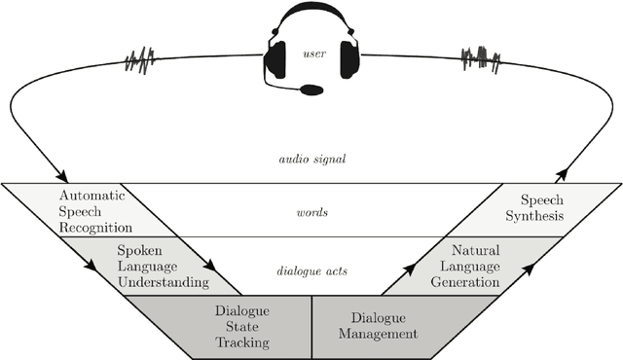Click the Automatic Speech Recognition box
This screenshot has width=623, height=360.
pyautogui.click(x=78, y=209)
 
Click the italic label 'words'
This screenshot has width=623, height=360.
pyautogui.click(x=311, y=209)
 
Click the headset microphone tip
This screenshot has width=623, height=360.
pyautogui.click(x=311, y=90)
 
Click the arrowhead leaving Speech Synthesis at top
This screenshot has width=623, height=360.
pyautogui.click(x=563, y=176)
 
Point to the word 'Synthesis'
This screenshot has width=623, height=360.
pyautogui.click(x=541, y=216)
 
